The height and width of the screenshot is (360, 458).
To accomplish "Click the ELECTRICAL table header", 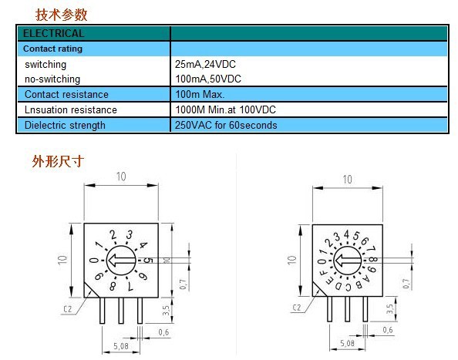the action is [x=53, y=33].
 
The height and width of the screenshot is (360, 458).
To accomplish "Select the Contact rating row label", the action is [x=52, y=49].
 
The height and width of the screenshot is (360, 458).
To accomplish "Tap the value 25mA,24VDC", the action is [x=205, y=64].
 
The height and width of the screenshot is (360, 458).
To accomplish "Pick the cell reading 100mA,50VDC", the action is [x=208, y=79].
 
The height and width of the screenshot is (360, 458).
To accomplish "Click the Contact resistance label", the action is [x=66, y=94].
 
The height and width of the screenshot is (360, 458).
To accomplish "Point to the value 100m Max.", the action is [x=200, y=94].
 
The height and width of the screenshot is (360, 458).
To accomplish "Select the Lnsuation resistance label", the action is [x=71, y=109].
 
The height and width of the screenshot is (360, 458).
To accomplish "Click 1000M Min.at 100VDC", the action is [x=225, y=109].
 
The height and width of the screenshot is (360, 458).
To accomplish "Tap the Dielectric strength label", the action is [x=65, y=125].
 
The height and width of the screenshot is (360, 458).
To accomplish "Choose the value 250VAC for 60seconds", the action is [x=226, y=125].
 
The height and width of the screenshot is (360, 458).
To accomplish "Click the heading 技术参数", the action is [x=62, y=15].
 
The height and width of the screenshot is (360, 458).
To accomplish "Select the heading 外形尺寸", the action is [x=58, y=161].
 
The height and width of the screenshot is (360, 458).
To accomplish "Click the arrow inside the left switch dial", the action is [x=121, y=260].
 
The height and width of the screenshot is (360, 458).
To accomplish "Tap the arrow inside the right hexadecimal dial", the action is [x=347, y=261].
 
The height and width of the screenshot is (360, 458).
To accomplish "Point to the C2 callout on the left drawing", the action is [x=68, y=309].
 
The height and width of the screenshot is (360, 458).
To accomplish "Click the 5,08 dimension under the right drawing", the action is [x=347, y=343].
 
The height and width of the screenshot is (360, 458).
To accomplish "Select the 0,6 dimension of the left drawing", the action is [x=164, y=332].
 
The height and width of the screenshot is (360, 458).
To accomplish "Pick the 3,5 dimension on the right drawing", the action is [x=389, y=308].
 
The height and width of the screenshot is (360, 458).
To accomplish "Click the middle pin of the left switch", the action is [x=121, y=311].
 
